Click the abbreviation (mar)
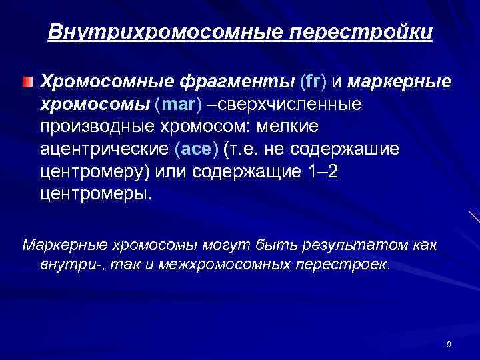176,105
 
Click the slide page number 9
449,344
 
